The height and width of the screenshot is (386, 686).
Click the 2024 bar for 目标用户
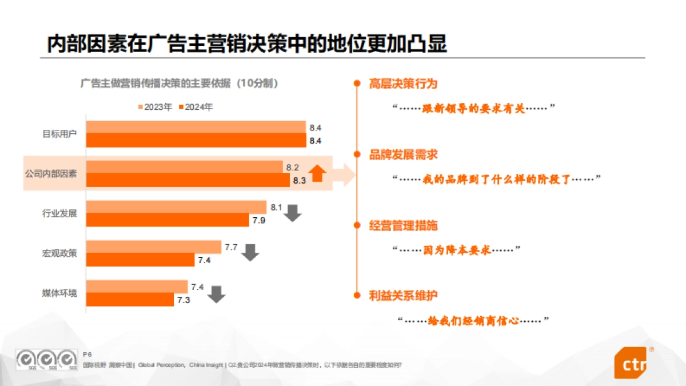click(x=196, y=141)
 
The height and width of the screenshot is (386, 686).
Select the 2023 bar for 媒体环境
click(x=137, y=286)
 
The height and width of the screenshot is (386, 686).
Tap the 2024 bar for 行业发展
click(x=167, y=220)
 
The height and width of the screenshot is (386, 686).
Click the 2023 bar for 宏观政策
click(x=154, y=247)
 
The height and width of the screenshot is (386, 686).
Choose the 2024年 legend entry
click(x=196, y=107)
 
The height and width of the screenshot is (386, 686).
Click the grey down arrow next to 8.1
click(x=293, y=213)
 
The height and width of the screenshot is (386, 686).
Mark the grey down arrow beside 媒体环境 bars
click(x=217, y=294)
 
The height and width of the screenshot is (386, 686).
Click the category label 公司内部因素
click(x=51, y=173)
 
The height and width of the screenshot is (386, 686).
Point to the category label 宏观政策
click(x=59, y=253)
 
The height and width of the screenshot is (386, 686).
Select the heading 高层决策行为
click(x=403, y=84)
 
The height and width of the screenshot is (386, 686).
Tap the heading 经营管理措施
click(x=403, y=225)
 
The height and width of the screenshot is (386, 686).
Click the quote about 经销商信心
click(x=473, y=321)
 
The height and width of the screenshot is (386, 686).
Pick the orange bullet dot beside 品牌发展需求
click(x=357, y=154)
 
